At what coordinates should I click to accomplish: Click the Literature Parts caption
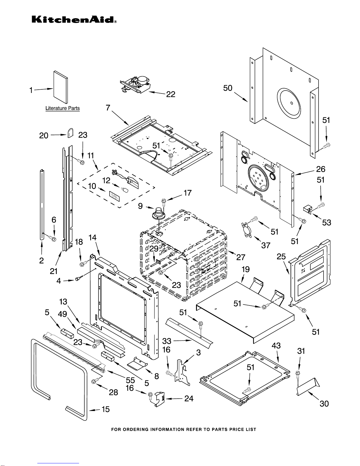[63, 108]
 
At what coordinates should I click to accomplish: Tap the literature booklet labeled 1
[61, 87]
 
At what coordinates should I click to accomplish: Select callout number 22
[170, 94]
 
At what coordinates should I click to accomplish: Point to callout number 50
[228, 88]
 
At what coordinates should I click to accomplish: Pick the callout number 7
[108, 108]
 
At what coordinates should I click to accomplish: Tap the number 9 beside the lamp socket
[140, 206]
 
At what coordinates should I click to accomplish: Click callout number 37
[266, 245]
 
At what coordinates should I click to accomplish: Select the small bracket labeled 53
[307, 209]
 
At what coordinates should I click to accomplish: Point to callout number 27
[241, 257]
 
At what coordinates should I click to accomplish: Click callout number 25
[281, 257]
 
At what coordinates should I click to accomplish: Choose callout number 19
[245, 269]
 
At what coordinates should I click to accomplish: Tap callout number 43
[276, 346]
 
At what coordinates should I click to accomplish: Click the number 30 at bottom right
[324, 404]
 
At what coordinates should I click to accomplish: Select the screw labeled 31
[297, 374]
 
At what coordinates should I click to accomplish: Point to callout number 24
[189, 399]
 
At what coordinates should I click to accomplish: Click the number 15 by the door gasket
[106, 409]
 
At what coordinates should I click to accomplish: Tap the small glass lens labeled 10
[115, 196]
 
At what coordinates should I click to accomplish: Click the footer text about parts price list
[184, 430]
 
